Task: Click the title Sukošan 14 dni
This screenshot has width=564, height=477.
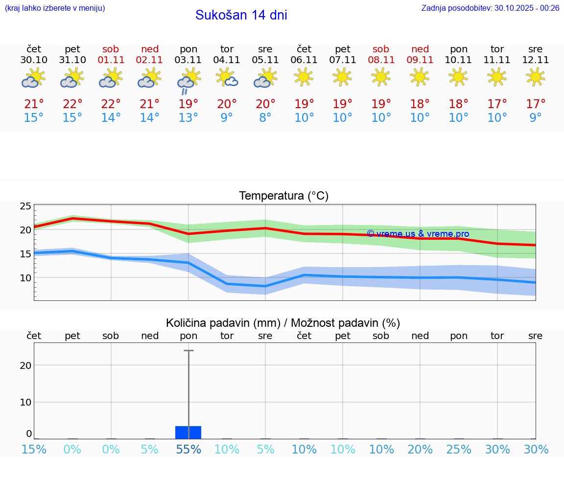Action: point(241,15)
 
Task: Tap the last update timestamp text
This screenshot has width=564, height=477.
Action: point(490,8)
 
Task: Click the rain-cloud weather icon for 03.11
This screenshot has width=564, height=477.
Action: point(188,81)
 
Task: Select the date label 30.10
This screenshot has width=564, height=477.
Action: point(34,60)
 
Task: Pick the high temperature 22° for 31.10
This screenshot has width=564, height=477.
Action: point(72,104)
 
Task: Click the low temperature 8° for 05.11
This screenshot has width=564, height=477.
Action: point(265,118)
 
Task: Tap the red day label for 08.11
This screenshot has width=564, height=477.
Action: point(381,49)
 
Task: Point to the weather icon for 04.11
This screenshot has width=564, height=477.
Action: point(227,77)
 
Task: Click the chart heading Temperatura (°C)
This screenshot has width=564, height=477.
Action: point(283,196)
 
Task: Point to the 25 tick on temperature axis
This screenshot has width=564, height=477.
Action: point(25,206)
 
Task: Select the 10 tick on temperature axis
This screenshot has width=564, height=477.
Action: point(25,278)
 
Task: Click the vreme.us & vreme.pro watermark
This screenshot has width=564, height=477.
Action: point(418,234)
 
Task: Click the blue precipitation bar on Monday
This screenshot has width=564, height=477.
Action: point(188,432)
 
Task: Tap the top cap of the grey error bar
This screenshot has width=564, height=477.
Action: point(188,351)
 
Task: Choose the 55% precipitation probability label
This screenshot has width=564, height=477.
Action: point(188,449)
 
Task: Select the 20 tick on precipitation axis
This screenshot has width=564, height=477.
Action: point(25,365)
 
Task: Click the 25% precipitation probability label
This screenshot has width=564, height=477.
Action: point(459,449)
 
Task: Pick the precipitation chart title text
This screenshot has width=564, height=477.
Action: point(283,323)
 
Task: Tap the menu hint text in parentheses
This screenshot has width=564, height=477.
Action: point(55,8)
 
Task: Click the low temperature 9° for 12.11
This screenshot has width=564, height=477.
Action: point(536,118)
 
